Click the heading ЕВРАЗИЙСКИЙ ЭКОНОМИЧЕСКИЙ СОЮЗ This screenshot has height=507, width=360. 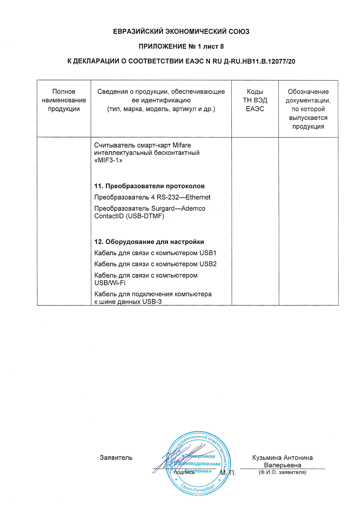click(x=181, y=32)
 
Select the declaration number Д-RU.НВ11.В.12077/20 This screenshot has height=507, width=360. click(x=259, y=62)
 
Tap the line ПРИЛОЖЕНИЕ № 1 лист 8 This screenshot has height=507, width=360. click(x=181, y=46)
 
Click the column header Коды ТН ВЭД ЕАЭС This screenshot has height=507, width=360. click(x=255, y=100)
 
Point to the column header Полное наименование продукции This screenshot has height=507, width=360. click(x=64, y=100)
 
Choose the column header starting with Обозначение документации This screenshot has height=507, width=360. click(x=308, y=109)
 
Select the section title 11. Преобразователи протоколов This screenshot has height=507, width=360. click(x=149, y=186)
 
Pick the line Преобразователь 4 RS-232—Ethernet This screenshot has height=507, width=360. click(x=152, y=197)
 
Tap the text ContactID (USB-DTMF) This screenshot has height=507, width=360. click(x=129, y=216)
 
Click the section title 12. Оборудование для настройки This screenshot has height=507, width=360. click(x=149, y=242)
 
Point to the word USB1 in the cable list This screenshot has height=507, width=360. click(x=208, y=253)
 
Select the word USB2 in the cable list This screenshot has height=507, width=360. click(x=208, y=264)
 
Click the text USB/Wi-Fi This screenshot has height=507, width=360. click(x=110, y=283)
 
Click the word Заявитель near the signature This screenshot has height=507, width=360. click(x=116, y=458)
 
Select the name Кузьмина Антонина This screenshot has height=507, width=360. click(x=282, y=458)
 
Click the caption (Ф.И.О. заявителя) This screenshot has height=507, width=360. click(x=282, y=472)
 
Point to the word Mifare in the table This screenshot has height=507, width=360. click(x=182, y=145)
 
